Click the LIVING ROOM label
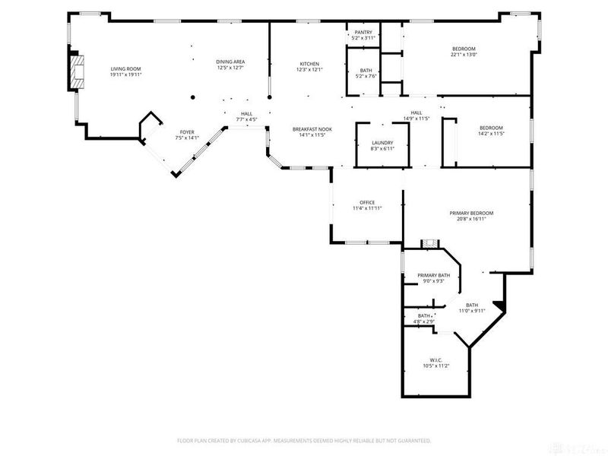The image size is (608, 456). tap(125, 68)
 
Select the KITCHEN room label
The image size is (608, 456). tap(309, 63)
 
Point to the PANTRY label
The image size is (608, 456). tap(363, 32)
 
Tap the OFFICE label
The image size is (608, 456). tap(367, 201)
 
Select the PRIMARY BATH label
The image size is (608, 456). tap(433, 275)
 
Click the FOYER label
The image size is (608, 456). tap(186, 132)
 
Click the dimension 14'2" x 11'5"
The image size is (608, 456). tap(490, 134)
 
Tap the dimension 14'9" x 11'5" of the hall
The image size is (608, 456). tap(416, 119)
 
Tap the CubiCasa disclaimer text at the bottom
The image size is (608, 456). tap(304, 440)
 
